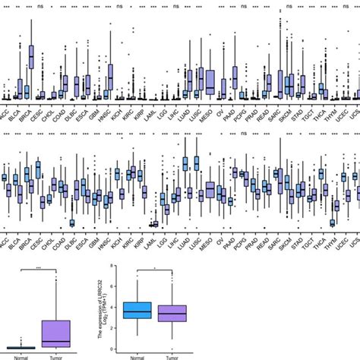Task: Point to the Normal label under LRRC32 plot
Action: point(137,355)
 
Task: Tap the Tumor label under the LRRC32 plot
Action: point(174,355)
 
